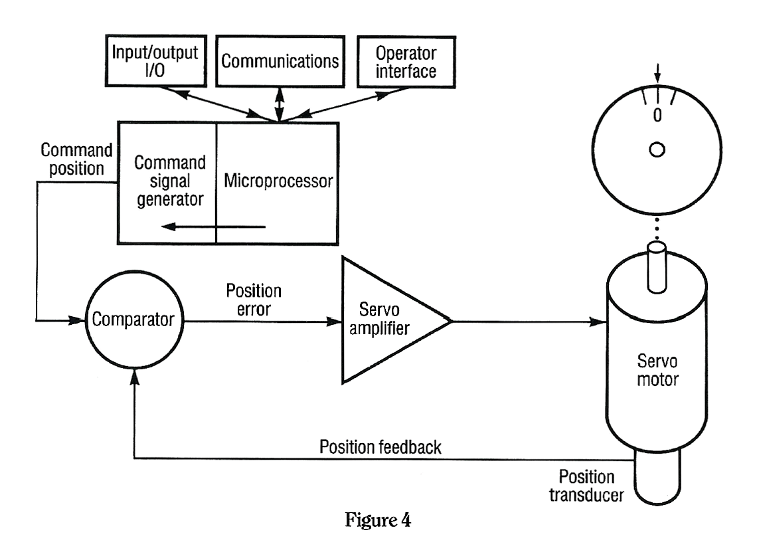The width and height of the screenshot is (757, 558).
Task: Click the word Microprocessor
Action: (x=278, y=181)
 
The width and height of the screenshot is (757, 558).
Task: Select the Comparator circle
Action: (x=135, y=320)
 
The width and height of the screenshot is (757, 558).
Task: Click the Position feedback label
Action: (x=381, y=447)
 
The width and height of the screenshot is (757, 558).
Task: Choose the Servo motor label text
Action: (x=656, y=371)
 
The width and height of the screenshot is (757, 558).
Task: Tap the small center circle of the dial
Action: (x=657, y=151)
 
